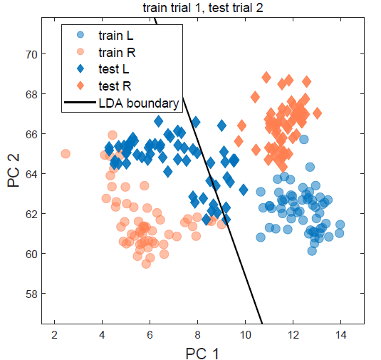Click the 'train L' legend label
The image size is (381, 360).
[x=115, y=35]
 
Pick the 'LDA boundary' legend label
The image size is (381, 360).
[x=138, y=103]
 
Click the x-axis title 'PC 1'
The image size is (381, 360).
[x=203, y=353]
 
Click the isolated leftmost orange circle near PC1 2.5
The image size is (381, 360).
[x=66, y=153]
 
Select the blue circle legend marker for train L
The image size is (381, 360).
[x=80, y=35]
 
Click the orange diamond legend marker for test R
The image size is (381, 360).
[x=80, y=86]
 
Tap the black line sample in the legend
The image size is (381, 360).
[x=80, y=103]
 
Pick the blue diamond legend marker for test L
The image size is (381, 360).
[x=80, y=69]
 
